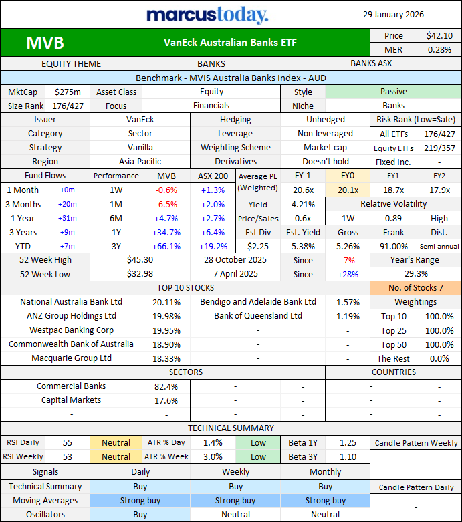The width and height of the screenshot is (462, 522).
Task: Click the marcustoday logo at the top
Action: point(207,15)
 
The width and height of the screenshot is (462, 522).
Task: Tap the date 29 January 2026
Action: point(393,14)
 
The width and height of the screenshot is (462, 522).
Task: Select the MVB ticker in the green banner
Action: point(45,43)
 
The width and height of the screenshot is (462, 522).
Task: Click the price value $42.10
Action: point(439,35)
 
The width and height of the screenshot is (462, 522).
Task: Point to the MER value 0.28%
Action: point(439,49)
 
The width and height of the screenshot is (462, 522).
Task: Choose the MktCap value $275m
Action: point(68,92)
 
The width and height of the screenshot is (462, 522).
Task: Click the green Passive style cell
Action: point(393,92)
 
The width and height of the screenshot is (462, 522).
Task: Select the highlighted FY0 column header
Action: point(347,176)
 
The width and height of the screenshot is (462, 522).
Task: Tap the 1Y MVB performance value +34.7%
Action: point(166,232)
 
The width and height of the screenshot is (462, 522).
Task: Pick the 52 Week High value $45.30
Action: point(140,259)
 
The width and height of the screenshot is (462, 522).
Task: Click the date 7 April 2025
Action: point(235,274)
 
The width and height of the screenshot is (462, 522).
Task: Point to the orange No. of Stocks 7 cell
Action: point(415,288)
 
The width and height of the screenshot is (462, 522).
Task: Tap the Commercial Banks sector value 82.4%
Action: point(166,386)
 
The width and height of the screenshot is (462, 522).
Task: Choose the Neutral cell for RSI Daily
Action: point(116,442)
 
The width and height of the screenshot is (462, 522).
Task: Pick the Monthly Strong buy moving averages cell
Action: point(326,501)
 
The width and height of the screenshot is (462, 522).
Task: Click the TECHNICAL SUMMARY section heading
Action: point(231,428)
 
